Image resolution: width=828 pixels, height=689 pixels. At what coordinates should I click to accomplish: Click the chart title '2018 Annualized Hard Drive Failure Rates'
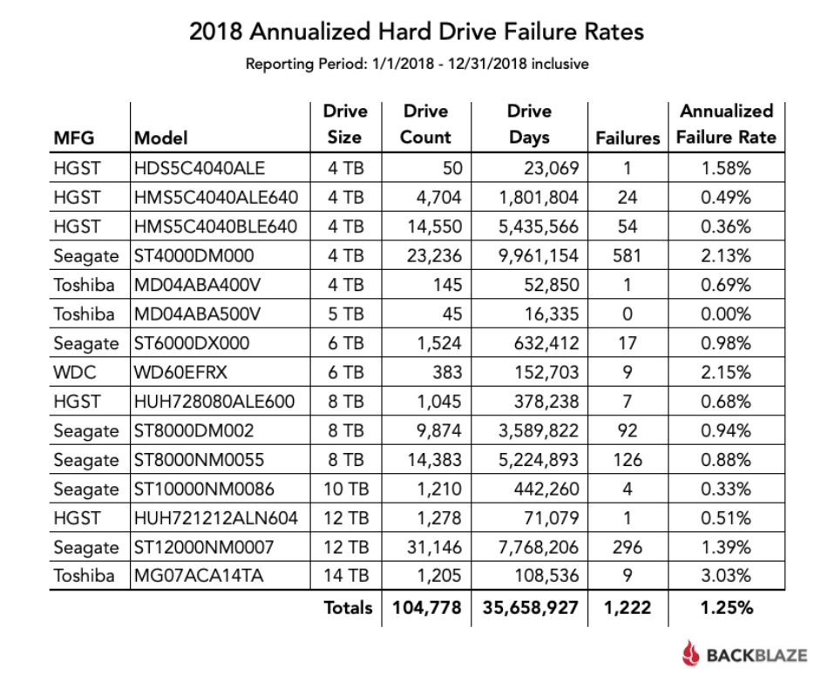(x=417, y=32)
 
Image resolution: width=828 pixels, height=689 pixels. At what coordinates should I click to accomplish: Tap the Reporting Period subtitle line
(x=417, y=64)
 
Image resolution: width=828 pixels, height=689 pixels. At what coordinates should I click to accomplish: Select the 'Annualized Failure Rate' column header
(x=726, y=125)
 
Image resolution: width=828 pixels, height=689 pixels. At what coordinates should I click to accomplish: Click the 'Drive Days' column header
(x=529, y=125)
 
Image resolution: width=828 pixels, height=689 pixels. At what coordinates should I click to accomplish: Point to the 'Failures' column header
(x=628, y=138)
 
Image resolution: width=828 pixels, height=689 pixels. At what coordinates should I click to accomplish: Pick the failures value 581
(x=627, y=255)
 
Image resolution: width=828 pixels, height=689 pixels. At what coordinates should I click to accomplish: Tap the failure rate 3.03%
(x=726, y=576)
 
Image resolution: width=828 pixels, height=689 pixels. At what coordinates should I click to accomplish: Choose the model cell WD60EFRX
(x=180, y=372)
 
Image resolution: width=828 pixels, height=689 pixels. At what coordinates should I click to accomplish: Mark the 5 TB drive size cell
(x=345, y=314)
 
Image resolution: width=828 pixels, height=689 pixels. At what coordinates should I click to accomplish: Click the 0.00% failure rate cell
(x=726, y=314)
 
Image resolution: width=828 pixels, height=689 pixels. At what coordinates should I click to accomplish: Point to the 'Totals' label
(x=348, y=607)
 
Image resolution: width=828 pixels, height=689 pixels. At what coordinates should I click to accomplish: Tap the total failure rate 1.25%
(x=726, y=607)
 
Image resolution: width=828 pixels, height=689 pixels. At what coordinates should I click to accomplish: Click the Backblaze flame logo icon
(x=691, y=653)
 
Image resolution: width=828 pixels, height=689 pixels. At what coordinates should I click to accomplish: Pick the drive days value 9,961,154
(x=537, y=255)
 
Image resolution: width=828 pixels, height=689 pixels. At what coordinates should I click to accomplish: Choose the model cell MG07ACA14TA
(x=196, y=576)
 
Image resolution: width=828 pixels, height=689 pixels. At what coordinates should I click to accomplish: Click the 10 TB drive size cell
(x=345, y=489)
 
